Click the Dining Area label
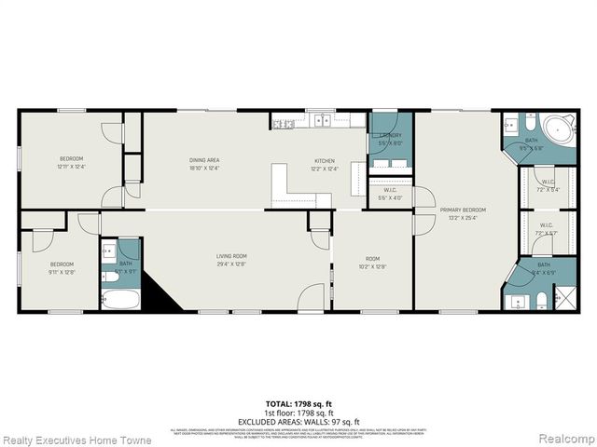[203, 161]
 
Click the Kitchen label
[324, 161]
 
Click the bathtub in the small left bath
[120, 300]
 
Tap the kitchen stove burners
[285, 122]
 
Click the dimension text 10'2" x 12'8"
[371, 266]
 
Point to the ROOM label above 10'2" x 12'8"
[371, 260]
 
